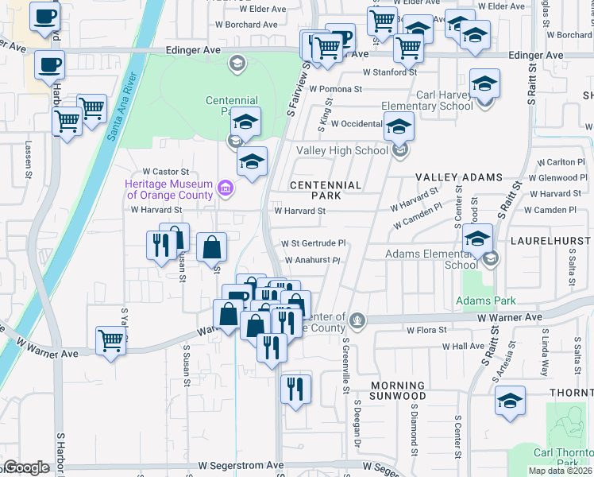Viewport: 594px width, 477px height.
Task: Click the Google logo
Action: pyautogui.click(x=26, y=467)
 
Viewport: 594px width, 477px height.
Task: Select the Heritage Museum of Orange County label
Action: pyautogui.click(x=168, y=189)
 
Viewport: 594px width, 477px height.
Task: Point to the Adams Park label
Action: pyautogui.click(x=485, y=301)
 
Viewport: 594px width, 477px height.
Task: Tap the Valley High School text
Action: pyautogui.click(x=342, y=150)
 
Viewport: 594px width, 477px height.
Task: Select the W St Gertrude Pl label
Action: pyautogui.click(x=314, y=243)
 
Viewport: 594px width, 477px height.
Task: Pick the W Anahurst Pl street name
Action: pyautogui.click(x=312, y=260)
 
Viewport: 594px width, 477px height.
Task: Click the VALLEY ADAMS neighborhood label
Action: pyautogui.click(x=460, y=177)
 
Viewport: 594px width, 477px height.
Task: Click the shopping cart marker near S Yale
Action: pyautogui.click(x=111, y=339)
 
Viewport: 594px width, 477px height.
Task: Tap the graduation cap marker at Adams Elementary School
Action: pyautogui.click(x=478, y=238)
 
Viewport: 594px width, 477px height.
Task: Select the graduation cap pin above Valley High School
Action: pyautogui.click(x=399, y=126)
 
